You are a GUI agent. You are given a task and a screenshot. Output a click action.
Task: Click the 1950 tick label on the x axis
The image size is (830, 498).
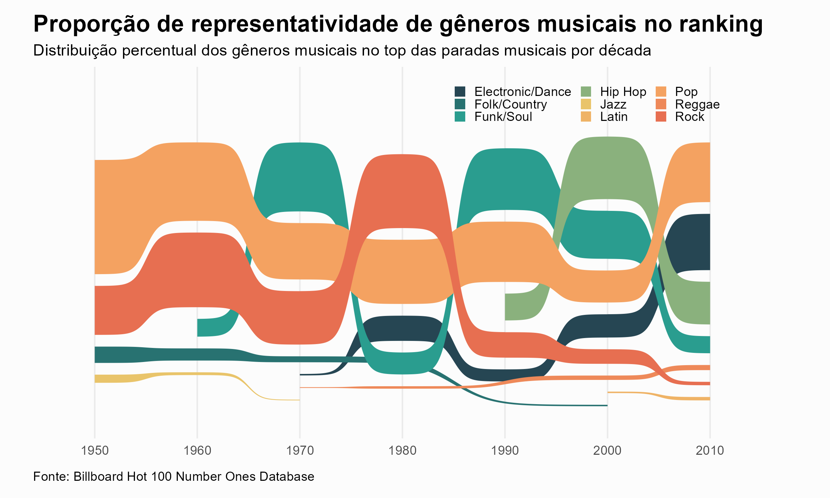tap(95, 450)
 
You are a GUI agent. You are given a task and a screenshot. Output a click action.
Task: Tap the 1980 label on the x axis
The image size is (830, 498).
tap(402, 450)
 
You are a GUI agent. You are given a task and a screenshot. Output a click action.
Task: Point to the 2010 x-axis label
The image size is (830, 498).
tap(710, 450)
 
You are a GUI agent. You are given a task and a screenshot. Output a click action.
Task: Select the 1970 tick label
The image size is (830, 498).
tap(300, 450)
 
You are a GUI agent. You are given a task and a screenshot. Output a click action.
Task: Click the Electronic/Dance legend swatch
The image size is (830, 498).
tap(460, 92)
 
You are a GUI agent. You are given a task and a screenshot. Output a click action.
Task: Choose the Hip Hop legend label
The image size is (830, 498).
tap(623, 92)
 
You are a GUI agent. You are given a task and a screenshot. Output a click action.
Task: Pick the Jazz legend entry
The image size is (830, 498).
tap(613, 104)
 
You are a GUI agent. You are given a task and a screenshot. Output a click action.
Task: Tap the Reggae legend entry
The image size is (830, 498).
tap(697, 104)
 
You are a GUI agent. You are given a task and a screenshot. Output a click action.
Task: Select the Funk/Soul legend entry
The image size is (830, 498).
tap(503, 117)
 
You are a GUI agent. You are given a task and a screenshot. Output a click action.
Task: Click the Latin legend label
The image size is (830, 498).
tap(614, 117)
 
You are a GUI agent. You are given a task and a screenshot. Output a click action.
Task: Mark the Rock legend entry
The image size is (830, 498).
tap(689, 117)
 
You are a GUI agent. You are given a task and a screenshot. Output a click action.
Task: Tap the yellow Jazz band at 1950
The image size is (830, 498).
tap(105, 379)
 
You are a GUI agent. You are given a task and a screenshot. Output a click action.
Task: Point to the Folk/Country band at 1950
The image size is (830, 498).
tap(105, 355)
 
